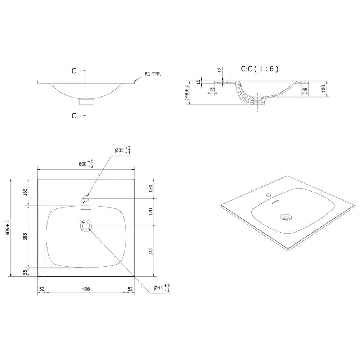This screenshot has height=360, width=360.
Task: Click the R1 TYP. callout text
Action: pyautogui.click(x=153, y=74)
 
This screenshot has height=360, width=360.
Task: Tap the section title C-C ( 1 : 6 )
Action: pyautogui.click(x=260, y=69)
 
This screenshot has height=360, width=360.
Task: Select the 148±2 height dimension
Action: pyautogui.click(x=187, y=93)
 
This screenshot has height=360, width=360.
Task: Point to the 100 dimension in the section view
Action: pyautogui.click(x=324, y=89)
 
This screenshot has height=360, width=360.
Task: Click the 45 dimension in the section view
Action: pyautogui.click(x=305, y=90)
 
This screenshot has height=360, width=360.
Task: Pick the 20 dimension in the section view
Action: pyautogui.click(x=212, y=90)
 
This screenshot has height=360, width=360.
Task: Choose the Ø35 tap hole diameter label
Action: pyautogui.click(x=123, y=150)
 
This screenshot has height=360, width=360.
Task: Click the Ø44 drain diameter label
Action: pyautogui.click(x=162, y=288)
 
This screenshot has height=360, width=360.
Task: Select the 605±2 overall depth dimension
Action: pyautogui.click(x=8, y=228)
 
